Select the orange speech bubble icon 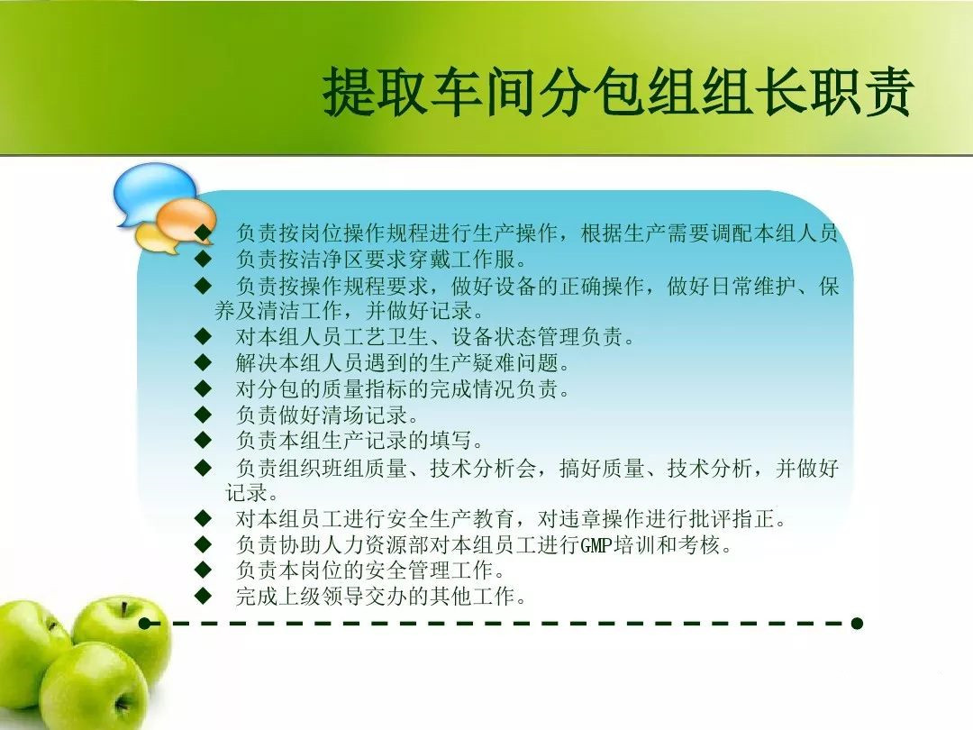186,221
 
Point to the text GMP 597,545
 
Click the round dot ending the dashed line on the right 857,624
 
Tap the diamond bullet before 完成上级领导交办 203,596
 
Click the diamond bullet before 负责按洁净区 203,258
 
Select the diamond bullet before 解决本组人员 203,362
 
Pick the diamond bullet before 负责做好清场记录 203,414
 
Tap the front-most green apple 93,686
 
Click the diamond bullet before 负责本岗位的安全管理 203,570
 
